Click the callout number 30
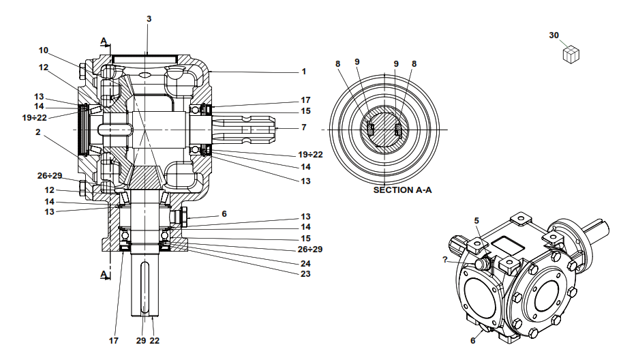pos(554,35)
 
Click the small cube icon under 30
pos(571,55)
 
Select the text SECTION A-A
pos(402,190)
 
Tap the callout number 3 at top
pos(149,19)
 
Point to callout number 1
pos(304,72)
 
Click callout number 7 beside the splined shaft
pos(304,127)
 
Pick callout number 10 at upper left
pos(43,50)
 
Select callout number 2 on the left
pos(38,132)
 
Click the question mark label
pos(444,260)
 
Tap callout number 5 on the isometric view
pos(476,221)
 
